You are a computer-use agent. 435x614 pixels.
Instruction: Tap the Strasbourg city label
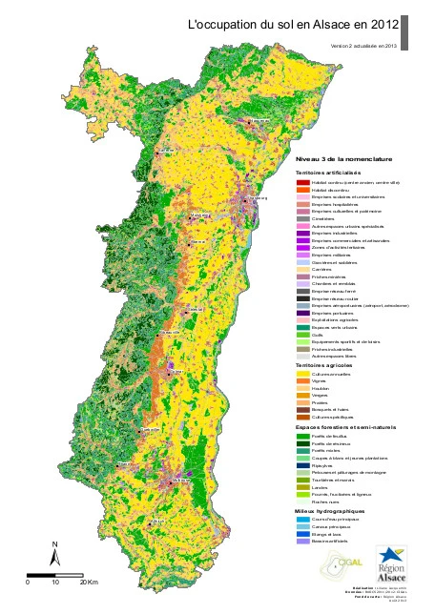click(253, 198)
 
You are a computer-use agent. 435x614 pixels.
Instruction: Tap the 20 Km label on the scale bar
click(89, 581)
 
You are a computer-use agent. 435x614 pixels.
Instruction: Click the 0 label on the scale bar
click(28, 581)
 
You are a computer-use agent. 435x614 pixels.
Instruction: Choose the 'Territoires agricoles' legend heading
click(325, 365)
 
